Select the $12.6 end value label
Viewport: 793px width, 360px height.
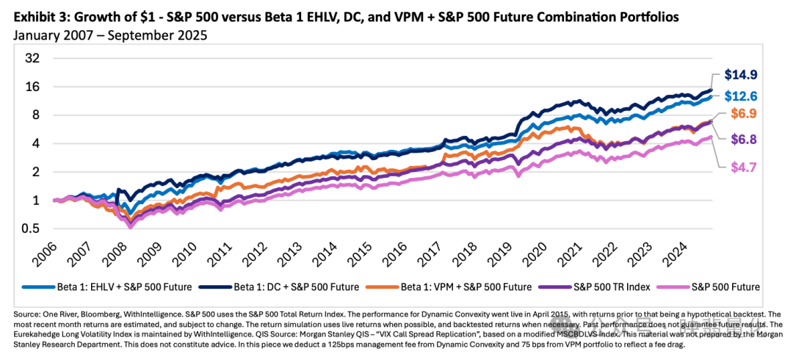(742, 96)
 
